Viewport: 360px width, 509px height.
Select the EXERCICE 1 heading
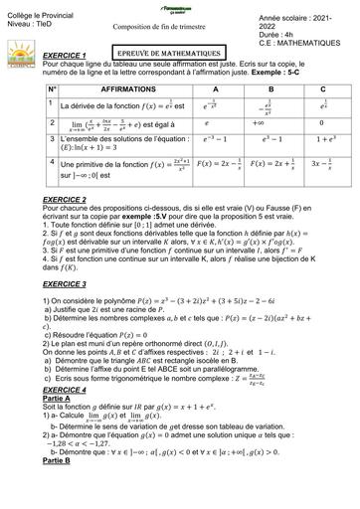point(41,56)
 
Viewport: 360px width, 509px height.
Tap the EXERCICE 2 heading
point(41,200)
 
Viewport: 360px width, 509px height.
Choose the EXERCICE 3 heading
point(41,284)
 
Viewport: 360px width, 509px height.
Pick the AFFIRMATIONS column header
point(98,89)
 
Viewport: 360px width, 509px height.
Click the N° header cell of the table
point(22,89)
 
